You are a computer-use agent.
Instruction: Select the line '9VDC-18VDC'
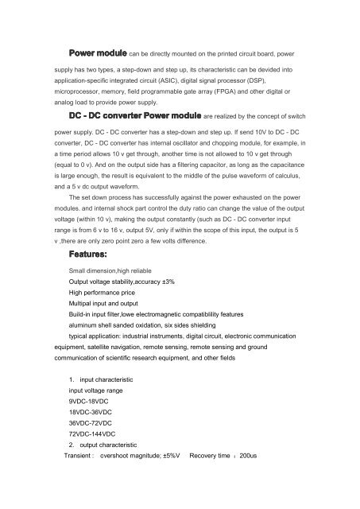pos(91,402)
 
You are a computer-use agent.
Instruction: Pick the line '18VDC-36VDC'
pos(94,413)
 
